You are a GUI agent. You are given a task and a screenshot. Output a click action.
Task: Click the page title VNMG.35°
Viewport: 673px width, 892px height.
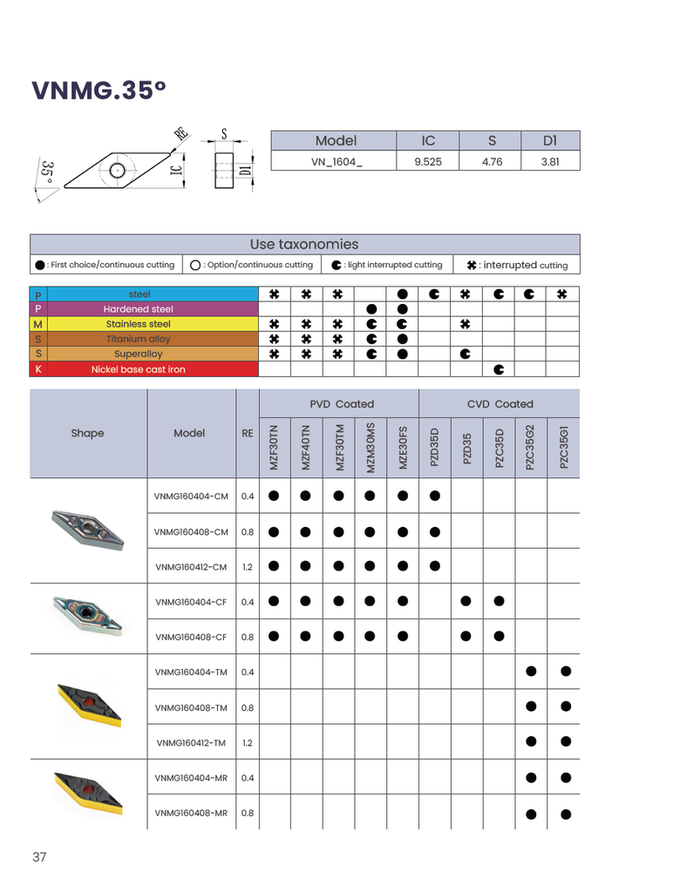98,91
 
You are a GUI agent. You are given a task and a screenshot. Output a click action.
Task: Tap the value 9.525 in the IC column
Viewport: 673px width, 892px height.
427,161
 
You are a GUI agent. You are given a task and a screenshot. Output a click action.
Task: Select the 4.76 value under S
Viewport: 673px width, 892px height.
492,161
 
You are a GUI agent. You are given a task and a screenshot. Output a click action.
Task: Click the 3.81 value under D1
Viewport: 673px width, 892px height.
549,161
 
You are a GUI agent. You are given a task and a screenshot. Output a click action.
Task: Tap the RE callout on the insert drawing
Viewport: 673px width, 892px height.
181,132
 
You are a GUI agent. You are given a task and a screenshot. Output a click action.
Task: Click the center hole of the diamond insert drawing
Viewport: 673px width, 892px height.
117,168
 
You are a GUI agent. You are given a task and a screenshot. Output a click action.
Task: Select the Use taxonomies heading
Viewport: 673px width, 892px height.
303,245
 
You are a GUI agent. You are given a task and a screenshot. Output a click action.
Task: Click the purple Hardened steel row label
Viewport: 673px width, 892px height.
139,309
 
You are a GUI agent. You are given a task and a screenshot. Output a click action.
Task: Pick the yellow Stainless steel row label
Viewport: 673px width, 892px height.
139,324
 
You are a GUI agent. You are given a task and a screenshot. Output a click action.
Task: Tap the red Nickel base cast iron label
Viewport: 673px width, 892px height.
139,369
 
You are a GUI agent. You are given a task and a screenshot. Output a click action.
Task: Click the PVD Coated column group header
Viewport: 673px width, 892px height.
342,404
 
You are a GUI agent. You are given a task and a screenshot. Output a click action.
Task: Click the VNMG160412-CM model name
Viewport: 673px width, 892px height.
191,567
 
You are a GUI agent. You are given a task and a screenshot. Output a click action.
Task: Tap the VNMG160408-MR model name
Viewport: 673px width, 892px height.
191,813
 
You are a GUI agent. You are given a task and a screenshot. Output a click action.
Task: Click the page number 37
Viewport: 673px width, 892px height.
39,857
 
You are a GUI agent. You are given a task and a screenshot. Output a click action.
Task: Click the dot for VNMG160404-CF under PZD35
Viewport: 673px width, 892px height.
466,601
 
